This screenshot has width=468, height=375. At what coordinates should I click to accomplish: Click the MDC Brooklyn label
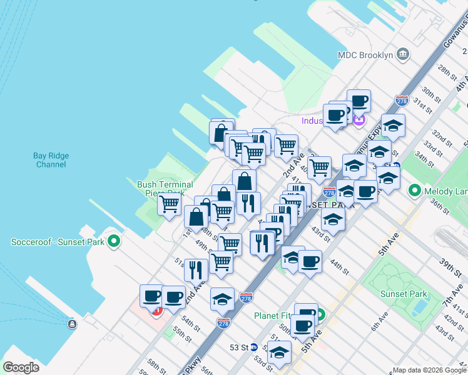point(365,55)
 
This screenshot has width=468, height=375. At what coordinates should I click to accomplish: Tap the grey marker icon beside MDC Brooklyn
point(403,54)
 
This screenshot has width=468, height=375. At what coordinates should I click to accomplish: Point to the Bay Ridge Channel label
point(51,160)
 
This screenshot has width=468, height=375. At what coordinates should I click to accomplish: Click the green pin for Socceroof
point(114,241)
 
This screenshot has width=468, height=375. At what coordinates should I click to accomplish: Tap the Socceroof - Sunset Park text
point(58,241)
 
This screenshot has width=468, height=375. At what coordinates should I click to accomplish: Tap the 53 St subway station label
point(239,347)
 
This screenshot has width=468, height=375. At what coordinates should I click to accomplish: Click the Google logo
point(21,367)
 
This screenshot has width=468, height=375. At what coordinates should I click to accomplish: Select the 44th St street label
point(340,267)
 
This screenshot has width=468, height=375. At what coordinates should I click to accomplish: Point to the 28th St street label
point(447,72)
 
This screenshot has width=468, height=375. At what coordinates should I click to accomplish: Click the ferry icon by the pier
point(73,323)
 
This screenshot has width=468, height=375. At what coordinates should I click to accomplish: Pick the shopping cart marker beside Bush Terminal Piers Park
point(169,204)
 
